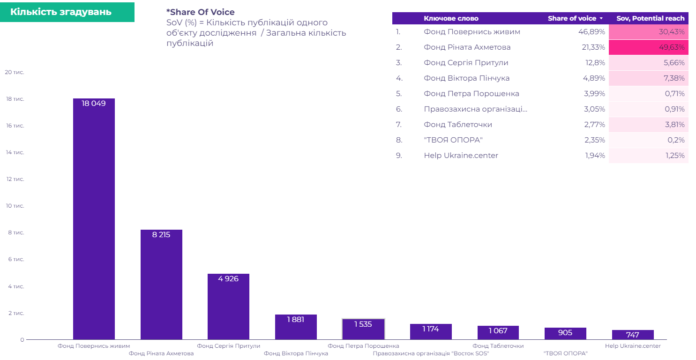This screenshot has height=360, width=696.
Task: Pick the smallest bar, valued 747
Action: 633,335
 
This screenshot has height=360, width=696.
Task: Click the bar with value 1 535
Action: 363,329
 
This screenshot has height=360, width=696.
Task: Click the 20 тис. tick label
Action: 15,72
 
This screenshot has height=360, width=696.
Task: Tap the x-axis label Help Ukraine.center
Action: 633,346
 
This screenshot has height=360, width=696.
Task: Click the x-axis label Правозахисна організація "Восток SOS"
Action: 431,353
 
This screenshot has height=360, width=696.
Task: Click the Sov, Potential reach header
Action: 650,18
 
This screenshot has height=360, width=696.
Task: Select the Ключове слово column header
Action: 451,18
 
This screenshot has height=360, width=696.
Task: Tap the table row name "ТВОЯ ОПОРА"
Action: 453,140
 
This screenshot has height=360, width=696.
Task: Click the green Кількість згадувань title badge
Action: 67,12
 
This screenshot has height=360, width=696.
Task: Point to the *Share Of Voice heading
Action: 200,12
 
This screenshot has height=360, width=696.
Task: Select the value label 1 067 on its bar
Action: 498,331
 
